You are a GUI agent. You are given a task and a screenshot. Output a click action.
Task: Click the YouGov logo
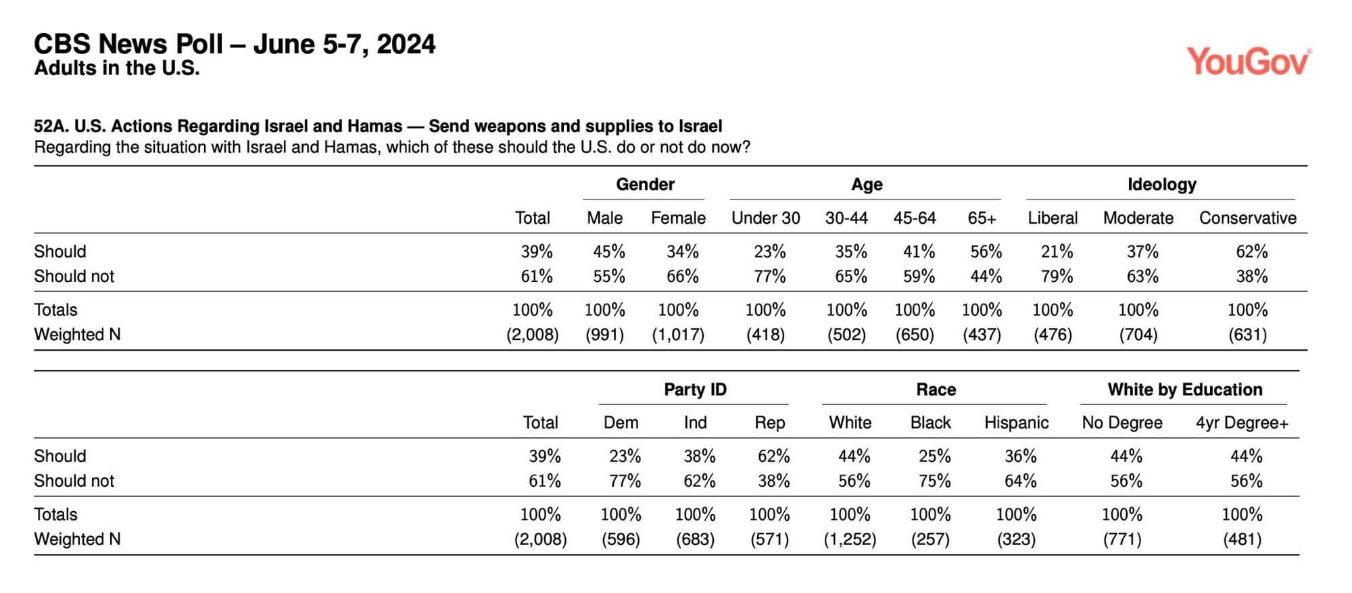tap(1249, 62)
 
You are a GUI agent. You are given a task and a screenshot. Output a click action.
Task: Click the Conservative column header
tap(1247, 218)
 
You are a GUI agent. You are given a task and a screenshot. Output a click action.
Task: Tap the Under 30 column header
tap(765, 218)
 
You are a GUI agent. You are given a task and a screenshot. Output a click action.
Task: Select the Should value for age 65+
tap(986, 252)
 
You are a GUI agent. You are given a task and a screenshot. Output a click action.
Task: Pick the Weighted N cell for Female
tap(678, 335)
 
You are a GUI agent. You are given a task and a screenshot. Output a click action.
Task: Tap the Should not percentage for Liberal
tap(1057, 277)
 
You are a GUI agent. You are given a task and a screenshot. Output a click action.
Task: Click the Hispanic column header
tap(1016, 423)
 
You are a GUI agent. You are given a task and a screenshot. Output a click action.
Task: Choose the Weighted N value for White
tap(850, 540)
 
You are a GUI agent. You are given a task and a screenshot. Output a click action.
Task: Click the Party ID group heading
tap(695, 389)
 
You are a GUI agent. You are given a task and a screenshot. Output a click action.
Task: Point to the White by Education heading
tap(1184, 389)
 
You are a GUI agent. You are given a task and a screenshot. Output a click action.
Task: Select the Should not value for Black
tap(934, 481)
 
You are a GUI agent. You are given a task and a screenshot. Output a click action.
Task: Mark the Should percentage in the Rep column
tap(773, 456)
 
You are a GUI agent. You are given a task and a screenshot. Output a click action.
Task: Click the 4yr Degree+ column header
tap(1242, 423)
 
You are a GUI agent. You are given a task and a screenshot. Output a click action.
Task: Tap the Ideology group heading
tap(1161, 185)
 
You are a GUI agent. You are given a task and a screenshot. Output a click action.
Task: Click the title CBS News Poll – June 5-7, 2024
tap(235, 45)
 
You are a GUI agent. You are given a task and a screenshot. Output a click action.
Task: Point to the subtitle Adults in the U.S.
tap(117, 68)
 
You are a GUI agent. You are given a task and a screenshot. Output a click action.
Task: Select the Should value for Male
tap(608, 252)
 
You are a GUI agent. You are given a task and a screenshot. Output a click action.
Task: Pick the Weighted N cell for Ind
tap(695, 540)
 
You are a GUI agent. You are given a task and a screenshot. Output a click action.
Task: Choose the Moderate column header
tap(1138, 218)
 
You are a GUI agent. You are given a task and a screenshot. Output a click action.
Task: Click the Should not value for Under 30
tap(769, 277)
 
